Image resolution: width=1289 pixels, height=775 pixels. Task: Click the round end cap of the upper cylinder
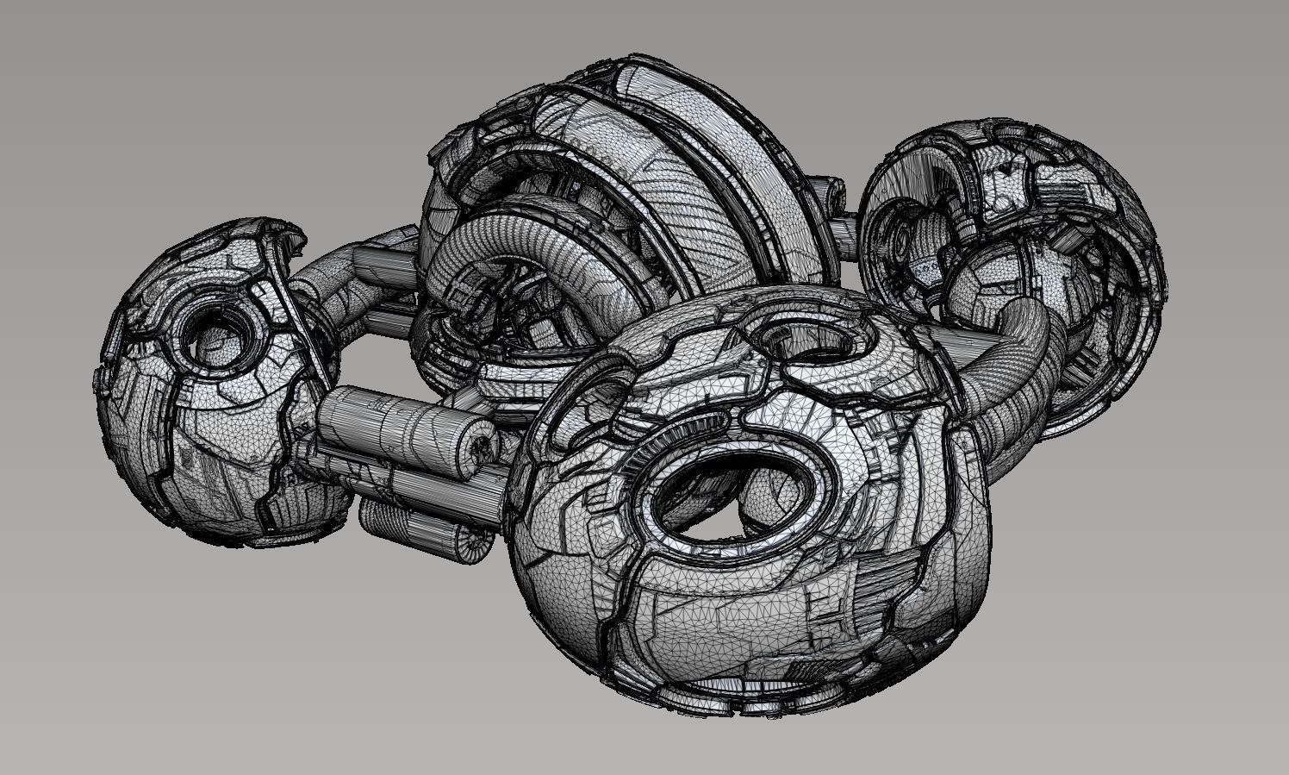click(x=475, y=442)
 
